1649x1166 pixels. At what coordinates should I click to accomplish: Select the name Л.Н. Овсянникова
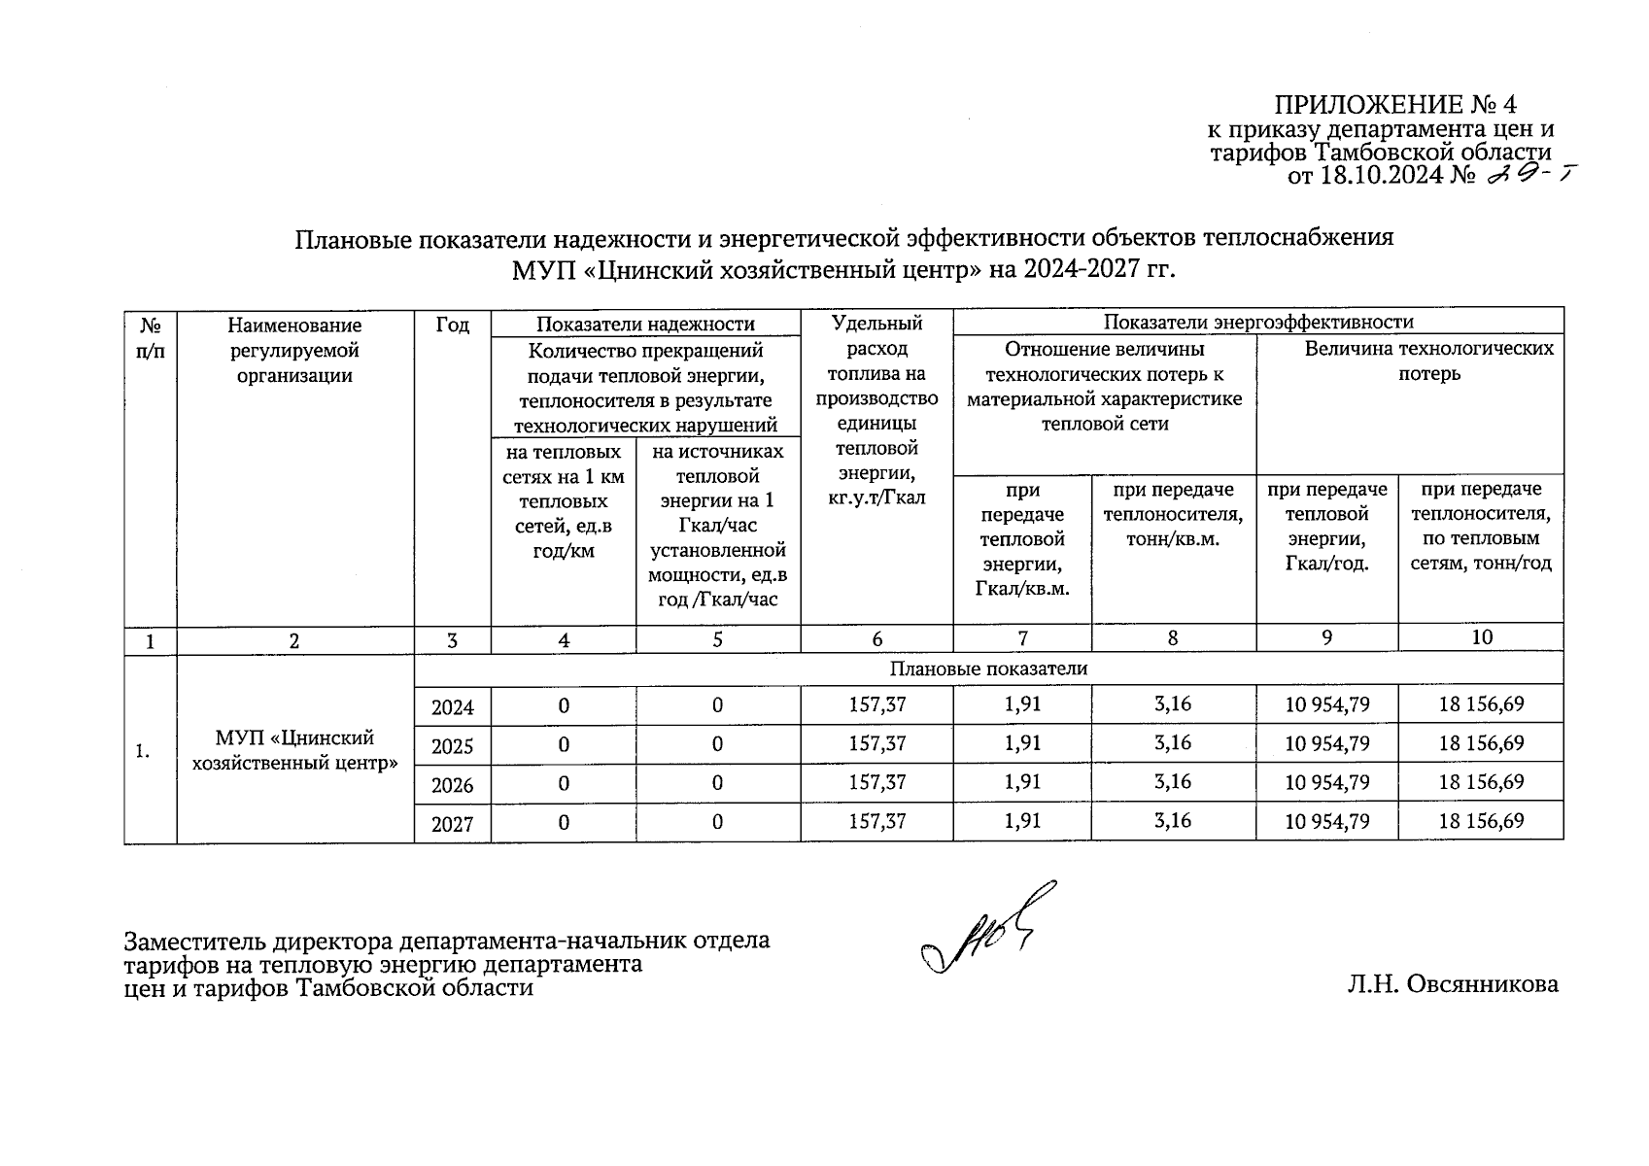point(1452,984)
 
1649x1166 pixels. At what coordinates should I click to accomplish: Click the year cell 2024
point(452,706)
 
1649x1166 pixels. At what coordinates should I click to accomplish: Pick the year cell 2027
point(452,824)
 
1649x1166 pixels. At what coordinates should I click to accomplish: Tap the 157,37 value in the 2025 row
point(876,744)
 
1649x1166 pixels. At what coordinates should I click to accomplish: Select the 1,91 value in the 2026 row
point(1021,782)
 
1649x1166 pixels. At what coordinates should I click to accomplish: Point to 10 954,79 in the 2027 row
point(1326,822)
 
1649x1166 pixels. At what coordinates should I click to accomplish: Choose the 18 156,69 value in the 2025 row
point(1481,744)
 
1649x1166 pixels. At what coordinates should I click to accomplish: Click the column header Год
point(452,325)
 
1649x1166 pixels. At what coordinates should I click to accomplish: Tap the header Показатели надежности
point(645,324)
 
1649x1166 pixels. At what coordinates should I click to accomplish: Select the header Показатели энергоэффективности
point(1257,322)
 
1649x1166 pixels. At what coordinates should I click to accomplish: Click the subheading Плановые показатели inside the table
point(987,669)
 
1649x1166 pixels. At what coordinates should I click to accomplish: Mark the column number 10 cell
point(1481,637)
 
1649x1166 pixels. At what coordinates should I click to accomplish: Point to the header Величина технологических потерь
point(1428,360)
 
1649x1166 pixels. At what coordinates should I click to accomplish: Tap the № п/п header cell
point(150,337)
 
